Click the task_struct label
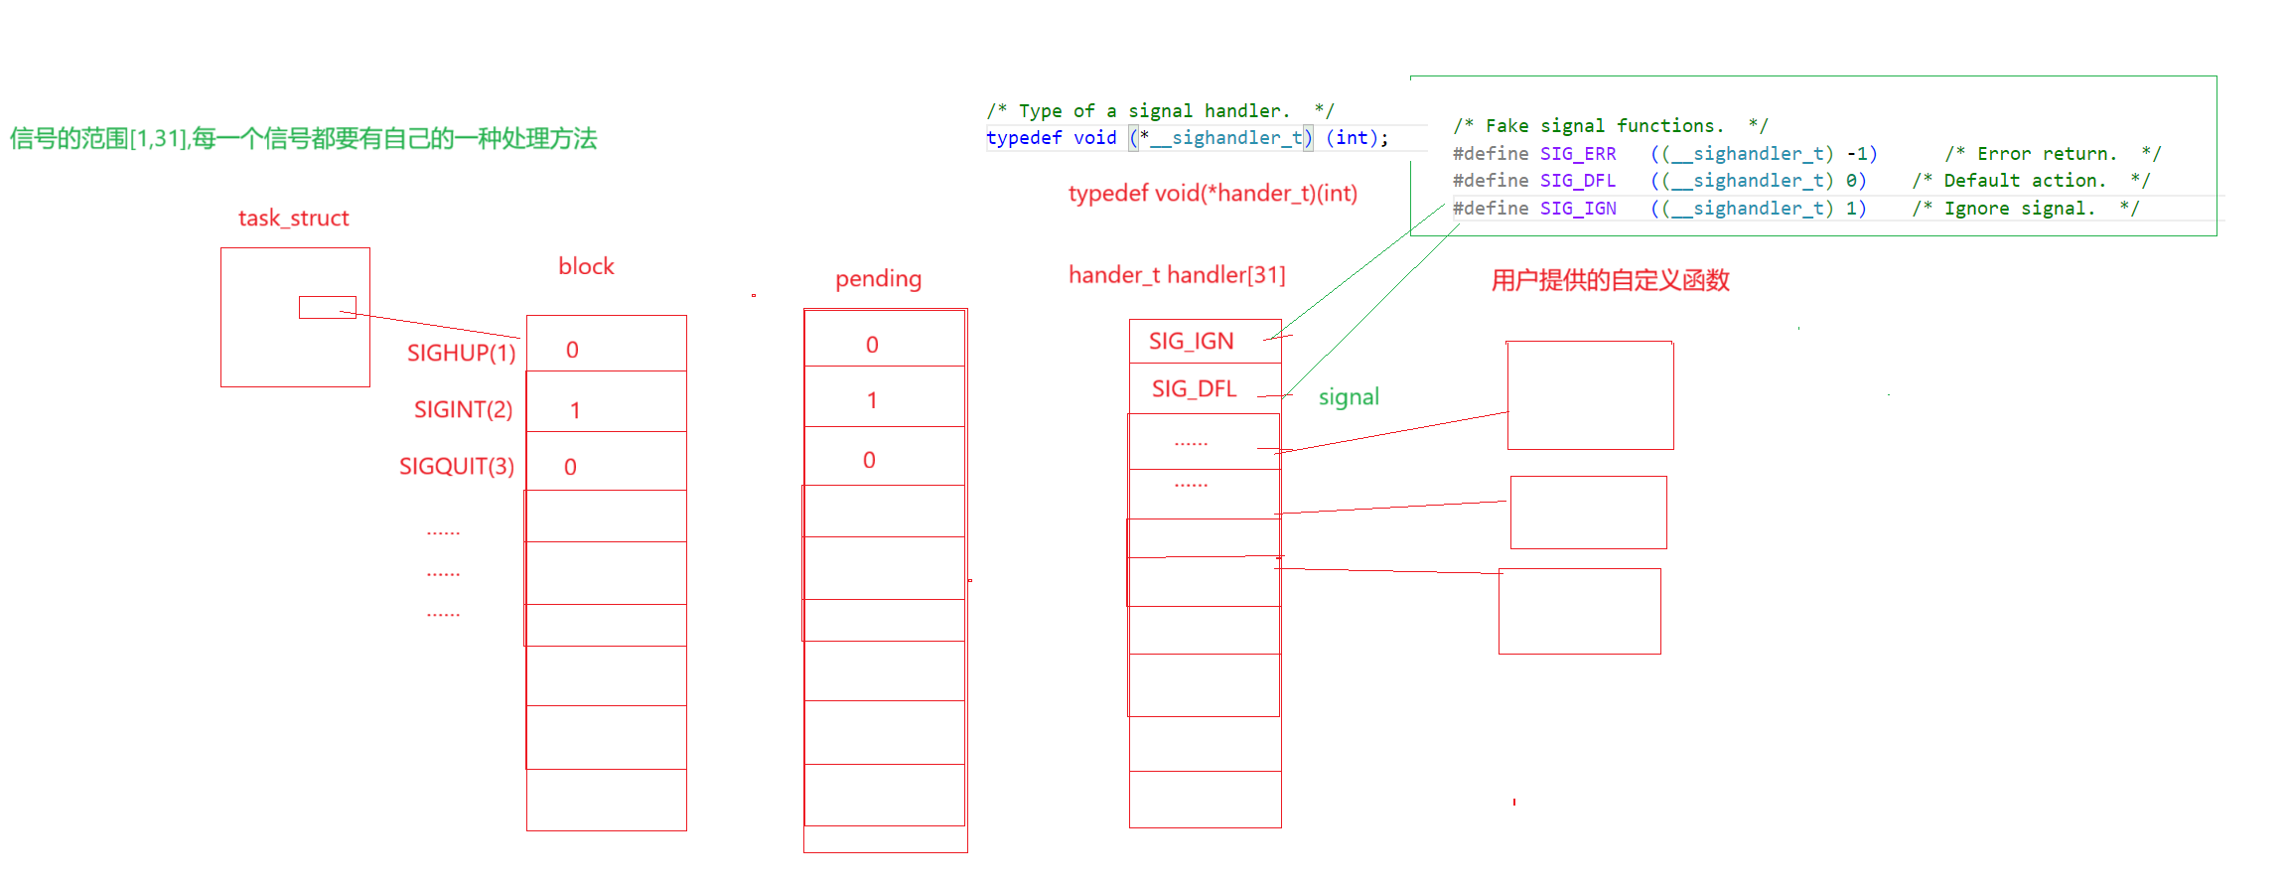(x=294, y=219)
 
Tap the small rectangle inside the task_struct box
(x=327, y=308)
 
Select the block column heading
(x=587, y=266)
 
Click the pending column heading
(x=878, y=279)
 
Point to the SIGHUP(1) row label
(x=461, y=353)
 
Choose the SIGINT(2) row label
(x=463, y=409)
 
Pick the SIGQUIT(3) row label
(x=456, y=466)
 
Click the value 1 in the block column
(x=575, y=410)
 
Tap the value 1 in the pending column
(x=872, y=400)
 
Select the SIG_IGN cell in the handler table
(x=1191, y=342)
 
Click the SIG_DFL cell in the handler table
(x=1194, y=389)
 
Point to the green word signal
(x=1348, y=397)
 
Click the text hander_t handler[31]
(x=1177, y=275)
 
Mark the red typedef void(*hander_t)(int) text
(x=1213, y=194)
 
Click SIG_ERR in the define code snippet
(x=1578, y=154)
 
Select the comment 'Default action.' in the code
(x=2025, y=181)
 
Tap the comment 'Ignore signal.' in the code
(x=2019, y=209)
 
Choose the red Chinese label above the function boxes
(x=1610, y=280)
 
